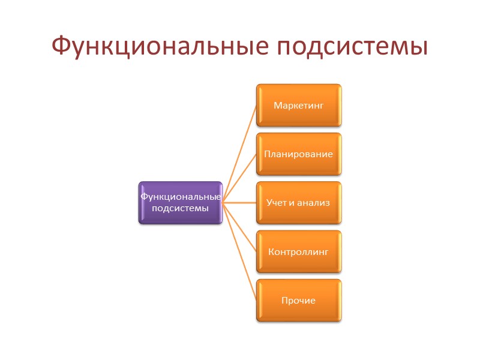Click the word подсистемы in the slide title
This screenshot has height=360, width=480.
(x=347, y=46)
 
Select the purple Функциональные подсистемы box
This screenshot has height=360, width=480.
(x=180, y=203)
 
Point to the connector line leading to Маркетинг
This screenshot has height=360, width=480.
(x=240, y=152)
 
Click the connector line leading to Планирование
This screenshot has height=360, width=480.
(x=240, y=178)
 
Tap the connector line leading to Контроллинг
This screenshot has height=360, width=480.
(x=240, y=228)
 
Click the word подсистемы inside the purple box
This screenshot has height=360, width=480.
(x=180, y=208)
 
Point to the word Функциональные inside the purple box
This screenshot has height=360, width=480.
(x=180, y=197)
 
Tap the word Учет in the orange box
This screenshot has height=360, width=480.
(x=277, y=203)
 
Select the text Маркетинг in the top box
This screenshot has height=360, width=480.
(x=299, y=106)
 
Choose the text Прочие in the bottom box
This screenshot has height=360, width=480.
(x=299, y=300)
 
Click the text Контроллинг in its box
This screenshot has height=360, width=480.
(x=299, y=251)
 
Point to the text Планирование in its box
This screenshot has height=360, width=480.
(x=299, y=154)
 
